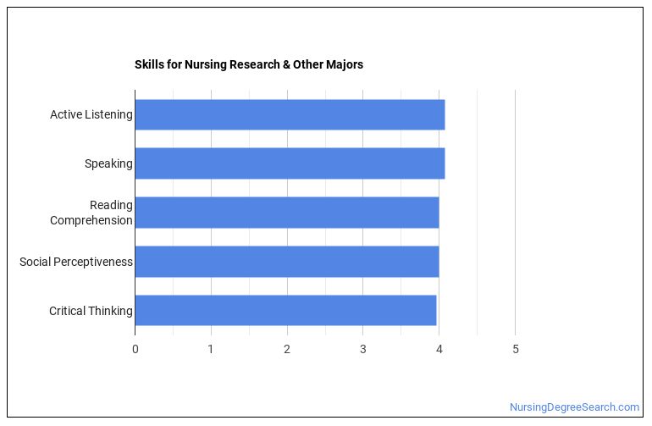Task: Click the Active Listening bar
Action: coord(290,114)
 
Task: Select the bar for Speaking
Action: coord(290,163)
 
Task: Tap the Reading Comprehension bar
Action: coord(286,213)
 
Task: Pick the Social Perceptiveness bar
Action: coord(286,262)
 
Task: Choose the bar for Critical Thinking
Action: coord(285,311)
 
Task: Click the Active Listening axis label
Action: coord(91,114)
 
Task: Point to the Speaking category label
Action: coord(108,163)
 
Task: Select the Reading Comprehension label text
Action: coord(91,213)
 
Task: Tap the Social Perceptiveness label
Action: coord(76,262)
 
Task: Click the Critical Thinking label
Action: coord(91,311)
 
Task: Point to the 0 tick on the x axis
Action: coord(135,349)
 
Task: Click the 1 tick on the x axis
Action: coord(211,349)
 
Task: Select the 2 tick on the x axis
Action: coord(287,349)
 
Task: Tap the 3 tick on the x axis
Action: coord(362,349)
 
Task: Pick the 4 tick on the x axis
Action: coord(439,349)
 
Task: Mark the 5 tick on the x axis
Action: coord(515,349)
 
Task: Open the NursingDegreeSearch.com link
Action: coord(574,407)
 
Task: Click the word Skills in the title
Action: coord(148,64)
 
